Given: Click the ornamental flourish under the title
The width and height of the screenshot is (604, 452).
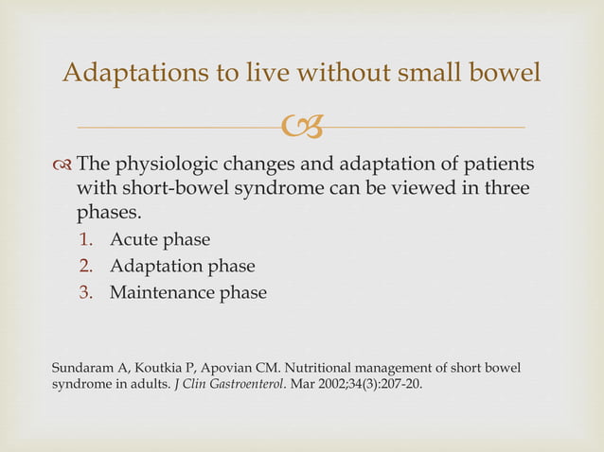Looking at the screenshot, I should (301, 126).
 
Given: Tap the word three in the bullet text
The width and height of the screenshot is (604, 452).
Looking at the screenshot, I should (503, 189).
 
